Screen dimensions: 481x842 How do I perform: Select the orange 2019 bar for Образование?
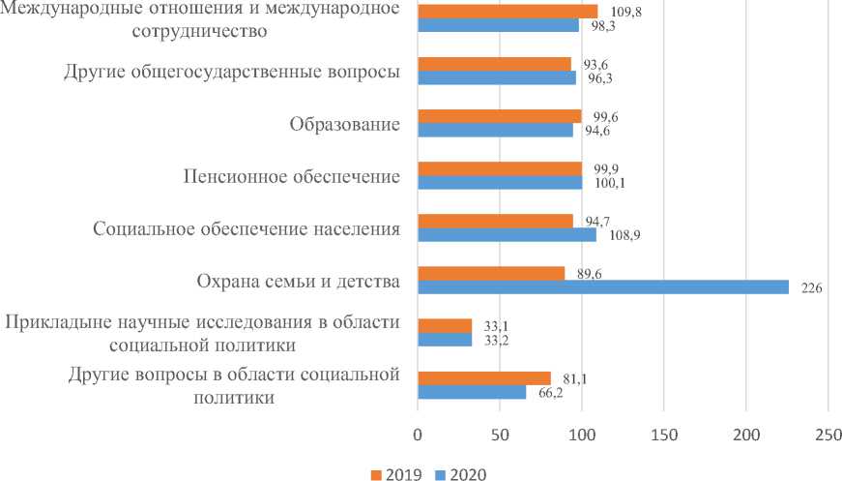pos(499,116)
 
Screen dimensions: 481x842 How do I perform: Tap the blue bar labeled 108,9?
pos(507,234)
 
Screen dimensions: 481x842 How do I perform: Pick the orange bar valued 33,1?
pos(445,326)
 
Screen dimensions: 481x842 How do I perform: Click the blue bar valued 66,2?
pos(472,392)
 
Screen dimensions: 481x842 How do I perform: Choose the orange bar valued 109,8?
pos(508,12)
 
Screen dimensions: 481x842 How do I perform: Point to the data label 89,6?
pos(592,274)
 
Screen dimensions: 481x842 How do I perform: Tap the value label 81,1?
pos(578,378)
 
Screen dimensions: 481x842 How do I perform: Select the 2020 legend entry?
pos(459,473)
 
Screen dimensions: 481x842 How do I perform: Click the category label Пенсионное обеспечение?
pos(292,176)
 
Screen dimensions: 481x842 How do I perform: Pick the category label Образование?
pos(345,124)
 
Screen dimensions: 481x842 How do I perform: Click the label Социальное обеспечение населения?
pos(247,229)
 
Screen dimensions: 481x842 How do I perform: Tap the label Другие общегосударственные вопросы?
pos(232,72)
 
